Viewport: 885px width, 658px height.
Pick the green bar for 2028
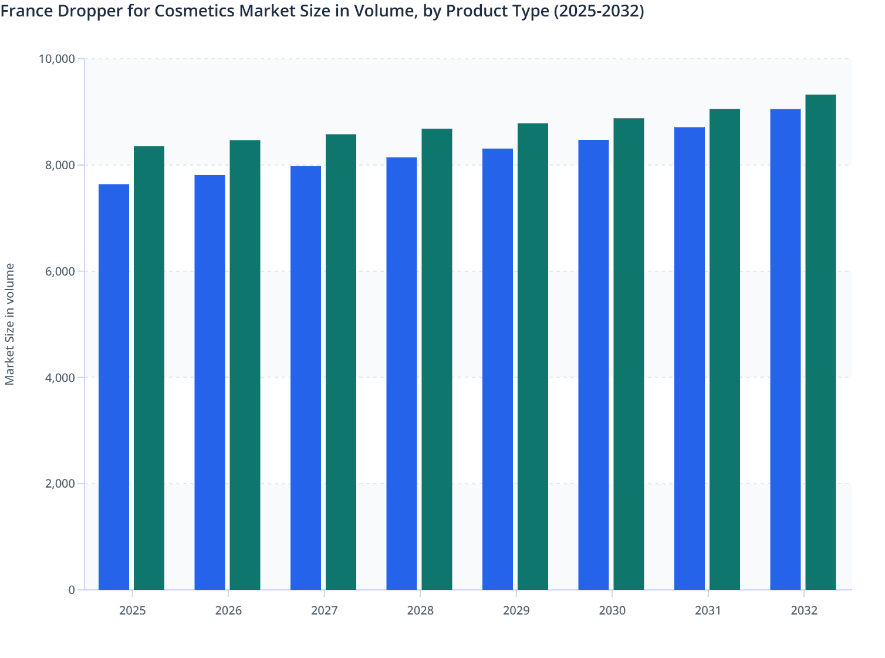click(437, 359)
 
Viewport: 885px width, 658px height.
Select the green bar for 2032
click(820, 342)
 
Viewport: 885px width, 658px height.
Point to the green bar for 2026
click(245, 365)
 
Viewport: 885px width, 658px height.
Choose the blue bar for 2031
click(690, 358)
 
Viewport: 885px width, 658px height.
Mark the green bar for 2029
click(533, 357)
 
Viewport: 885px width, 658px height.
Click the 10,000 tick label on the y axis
click(56, 59)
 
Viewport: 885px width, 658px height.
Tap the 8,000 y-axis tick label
click(60, 165)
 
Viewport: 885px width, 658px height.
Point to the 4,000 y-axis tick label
click(60, 378)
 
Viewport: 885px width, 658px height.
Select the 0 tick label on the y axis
click(72, 590)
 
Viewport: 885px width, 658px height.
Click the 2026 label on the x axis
click(228, 610)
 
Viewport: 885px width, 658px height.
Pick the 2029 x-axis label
click(516, 610)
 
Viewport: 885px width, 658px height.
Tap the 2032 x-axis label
click(804, 610)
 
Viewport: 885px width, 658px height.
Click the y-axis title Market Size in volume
click(10, 324)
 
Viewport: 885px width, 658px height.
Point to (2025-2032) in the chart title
click(599, 11)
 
